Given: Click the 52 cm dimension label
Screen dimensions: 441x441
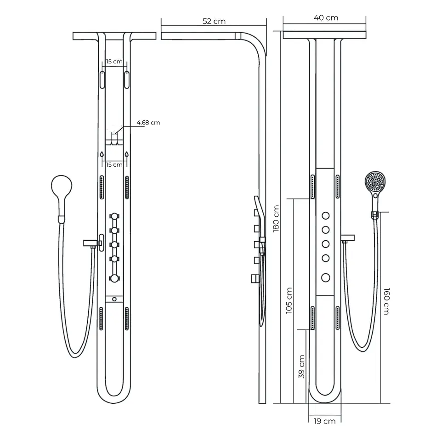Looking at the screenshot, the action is (x=214, y=22).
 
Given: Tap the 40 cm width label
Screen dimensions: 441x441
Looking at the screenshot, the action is (x=326, y=18).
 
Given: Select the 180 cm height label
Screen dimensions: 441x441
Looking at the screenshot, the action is (x=276, y=219).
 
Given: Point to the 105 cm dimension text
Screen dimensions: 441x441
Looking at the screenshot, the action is (x=289, y=300).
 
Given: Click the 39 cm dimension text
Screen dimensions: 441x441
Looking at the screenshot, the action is (x=301, y=367).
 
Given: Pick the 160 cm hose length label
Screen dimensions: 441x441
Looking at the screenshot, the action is (x=387, y=301).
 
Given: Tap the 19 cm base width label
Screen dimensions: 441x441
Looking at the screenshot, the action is (x=325, y=421).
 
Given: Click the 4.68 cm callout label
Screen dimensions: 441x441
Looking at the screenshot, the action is (x=148, y=123).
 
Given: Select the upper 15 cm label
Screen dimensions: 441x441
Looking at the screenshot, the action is (x=114, y=61).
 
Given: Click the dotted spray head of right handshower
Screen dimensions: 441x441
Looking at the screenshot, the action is (x=375, y=181).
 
